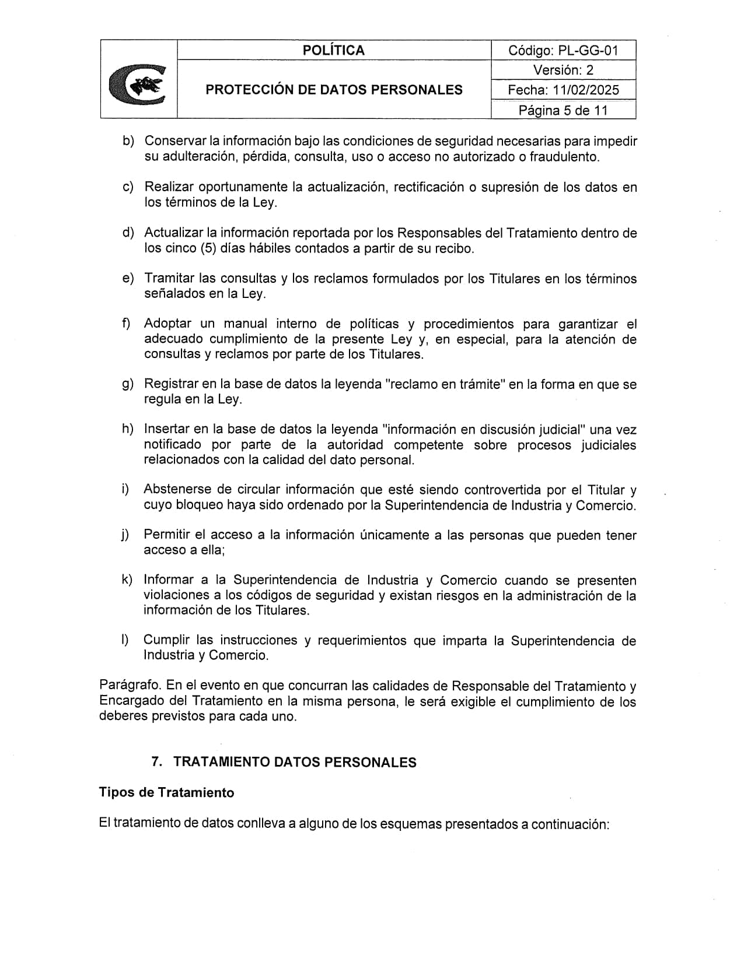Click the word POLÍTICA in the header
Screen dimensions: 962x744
coord(333,50)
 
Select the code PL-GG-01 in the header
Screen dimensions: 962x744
coord(586,50)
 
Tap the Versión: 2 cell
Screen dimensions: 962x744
coord(563,70)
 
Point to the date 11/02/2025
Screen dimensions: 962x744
coord(584,90)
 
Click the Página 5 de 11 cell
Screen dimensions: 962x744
coord(563,110)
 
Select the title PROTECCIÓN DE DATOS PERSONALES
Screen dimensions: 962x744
coord(334,90)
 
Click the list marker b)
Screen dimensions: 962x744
coord(128,142)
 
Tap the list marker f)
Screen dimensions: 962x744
coord(126,324)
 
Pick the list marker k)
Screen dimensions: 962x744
coord(127,580)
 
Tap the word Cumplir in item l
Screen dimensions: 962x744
coord(166,640)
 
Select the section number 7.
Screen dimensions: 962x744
coord(156,762)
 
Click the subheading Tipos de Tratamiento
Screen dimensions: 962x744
coord(166,792)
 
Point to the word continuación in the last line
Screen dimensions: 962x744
coord(569,824)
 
